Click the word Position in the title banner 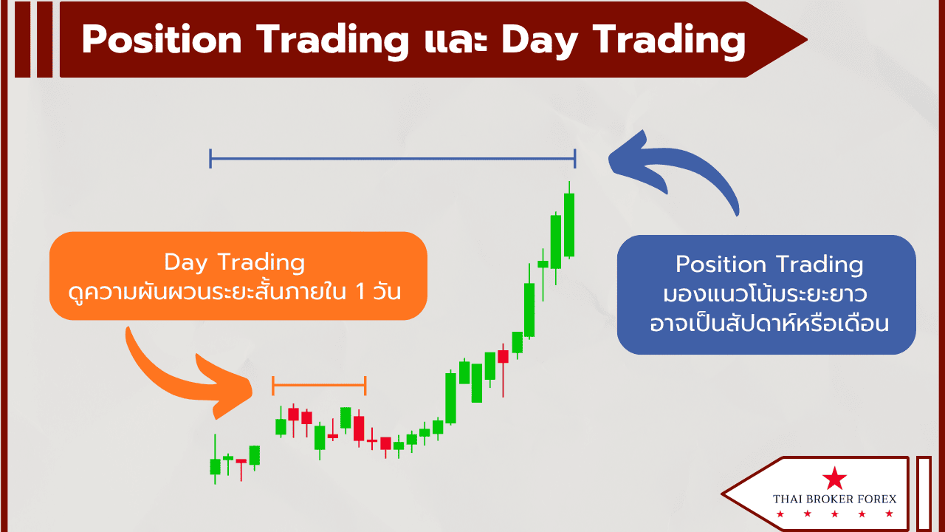162,40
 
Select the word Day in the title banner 540,41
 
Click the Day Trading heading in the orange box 235,262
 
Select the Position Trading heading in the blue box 769,265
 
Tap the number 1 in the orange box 360,292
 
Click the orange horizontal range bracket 319,385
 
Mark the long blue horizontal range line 393,159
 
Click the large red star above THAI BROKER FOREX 834,479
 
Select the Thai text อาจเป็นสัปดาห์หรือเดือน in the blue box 769,324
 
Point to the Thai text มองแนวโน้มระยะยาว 765,294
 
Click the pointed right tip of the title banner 807,40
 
